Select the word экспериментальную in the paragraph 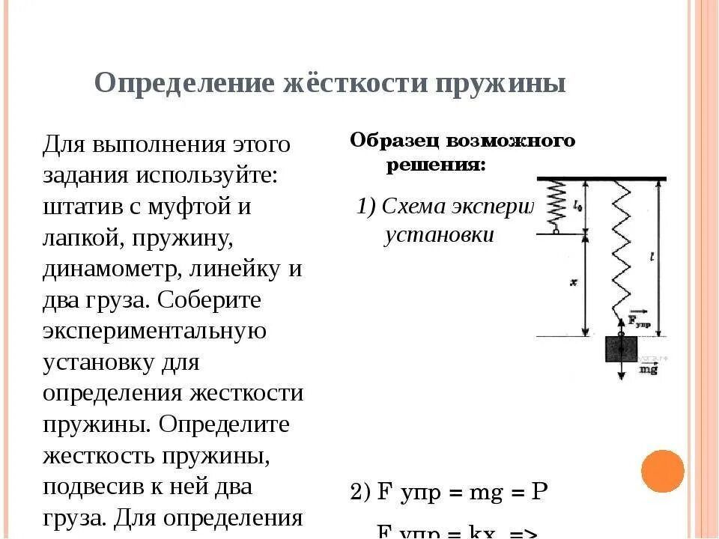(154, 331)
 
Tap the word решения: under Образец (436, 165)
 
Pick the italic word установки (440, 235)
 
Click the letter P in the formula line (539, 492)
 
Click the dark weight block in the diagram (620, 349)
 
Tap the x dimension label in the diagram (571, 282)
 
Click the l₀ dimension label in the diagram (576, 203)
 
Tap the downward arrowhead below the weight (620, 376)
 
